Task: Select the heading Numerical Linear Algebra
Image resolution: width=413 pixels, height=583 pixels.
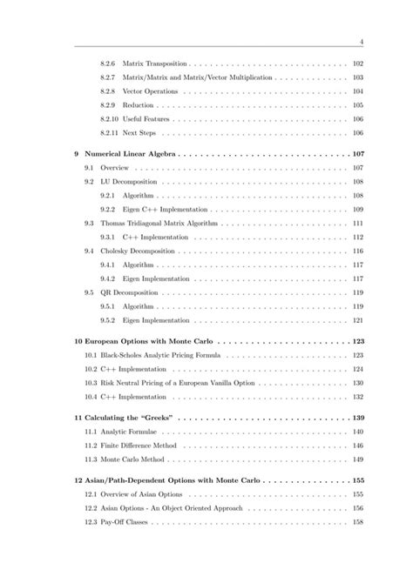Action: click(x=132, y=153)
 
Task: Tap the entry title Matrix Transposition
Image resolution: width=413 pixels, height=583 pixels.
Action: click(x=154, y=64)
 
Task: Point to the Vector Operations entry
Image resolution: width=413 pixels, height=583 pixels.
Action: click(x=151, y=91)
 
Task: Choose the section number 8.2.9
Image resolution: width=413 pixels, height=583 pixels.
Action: click(x=108, y=104)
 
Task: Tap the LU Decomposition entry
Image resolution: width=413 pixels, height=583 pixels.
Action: click(x=128, y=181)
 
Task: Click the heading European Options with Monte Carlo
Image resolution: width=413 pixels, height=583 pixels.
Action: click(x=149, y=342)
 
